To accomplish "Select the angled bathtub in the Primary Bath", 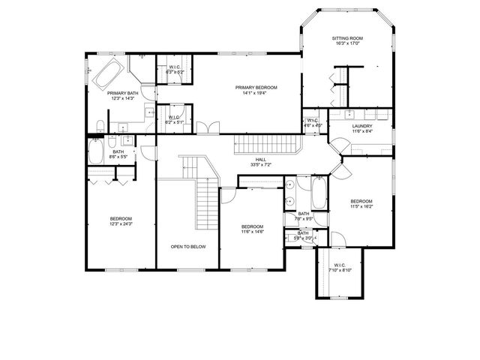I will point(106,73).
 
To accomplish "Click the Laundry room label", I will point(362,126).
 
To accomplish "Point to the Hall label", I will point(260,159).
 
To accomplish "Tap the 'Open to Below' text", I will point(188,246).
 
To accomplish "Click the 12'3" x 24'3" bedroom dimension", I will point(121,223).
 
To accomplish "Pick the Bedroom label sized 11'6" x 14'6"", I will point(252,226).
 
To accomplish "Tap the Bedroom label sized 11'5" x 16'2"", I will point(361,201).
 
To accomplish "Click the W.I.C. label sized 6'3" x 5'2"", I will point(174,67).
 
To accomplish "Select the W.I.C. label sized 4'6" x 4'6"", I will point(313,121).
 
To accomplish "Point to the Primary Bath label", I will point(121,93).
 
